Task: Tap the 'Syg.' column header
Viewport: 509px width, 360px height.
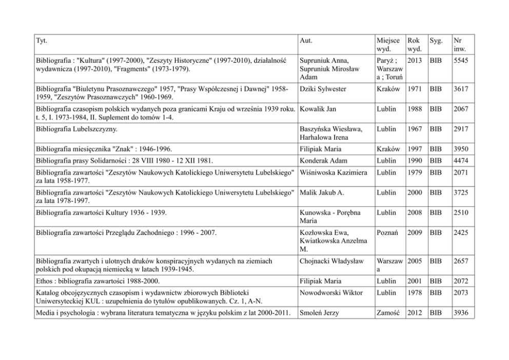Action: (x=436, y=40)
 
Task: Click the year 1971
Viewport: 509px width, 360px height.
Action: (x=415, y=89)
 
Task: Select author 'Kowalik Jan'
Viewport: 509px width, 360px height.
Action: (x=318, y=109)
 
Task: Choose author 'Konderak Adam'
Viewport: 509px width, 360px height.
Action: (x=322, y=161)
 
